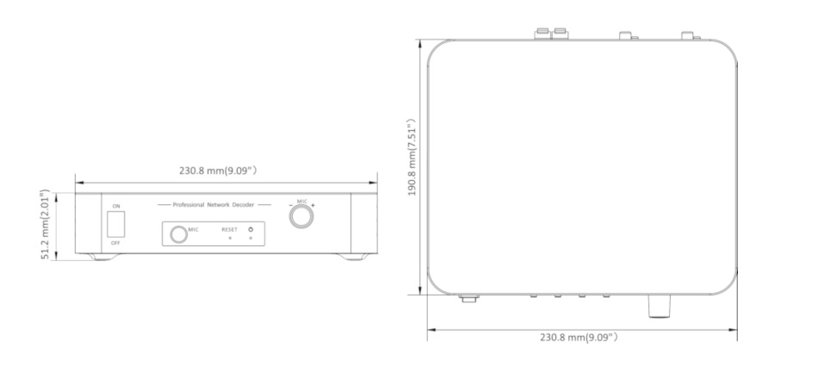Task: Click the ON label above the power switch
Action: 116,206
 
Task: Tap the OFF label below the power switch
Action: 116,243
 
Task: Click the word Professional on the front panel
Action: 189,205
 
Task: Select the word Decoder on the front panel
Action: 243,205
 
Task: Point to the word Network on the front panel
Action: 218,205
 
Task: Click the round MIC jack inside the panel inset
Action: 178,234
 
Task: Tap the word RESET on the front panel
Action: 230,230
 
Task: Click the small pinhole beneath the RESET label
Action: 230,239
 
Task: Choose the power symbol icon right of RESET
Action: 251,229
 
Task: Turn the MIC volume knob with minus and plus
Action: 301,216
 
